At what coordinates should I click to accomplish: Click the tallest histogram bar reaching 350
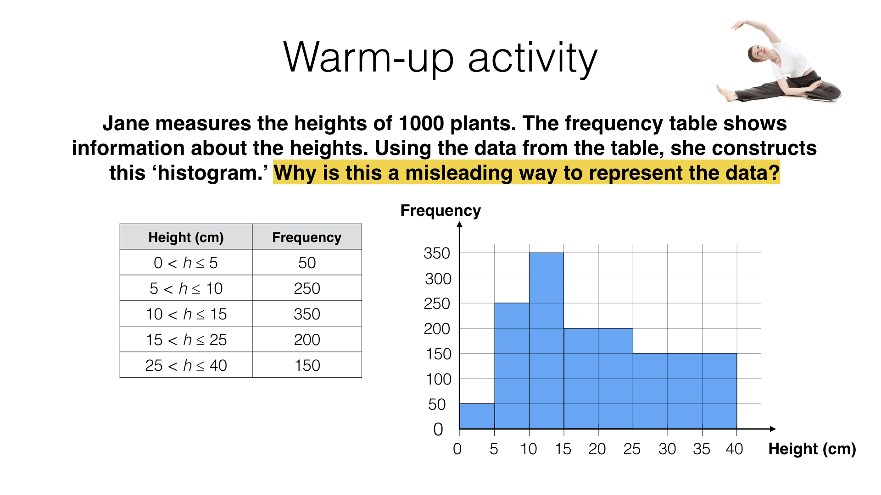tap(546, 341)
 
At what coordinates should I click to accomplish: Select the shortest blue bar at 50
tap(477, 416)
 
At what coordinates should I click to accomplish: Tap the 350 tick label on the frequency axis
tap(437, 253)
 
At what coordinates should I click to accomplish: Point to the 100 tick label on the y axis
tap(439, 379)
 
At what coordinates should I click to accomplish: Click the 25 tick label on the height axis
tap(632, 449)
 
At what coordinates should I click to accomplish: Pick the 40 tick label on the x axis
tap(734, 449)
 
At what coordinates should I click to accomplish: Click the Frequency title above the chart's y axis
tap(440, 210)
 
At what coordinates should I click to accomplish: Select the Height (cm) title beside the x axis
tap(812, 449)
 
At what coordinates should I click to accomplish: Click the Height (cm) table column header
tap(186, 237)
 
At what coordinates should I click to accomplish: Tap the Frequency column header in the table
tap(307, 237)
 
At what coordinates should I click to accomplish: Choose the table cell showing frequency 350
tap(307, 314)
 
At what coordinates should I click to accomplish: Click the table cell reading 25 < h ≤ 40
tap(186, 365)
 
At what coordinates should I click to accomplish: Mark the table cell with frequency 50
tap(307, 263)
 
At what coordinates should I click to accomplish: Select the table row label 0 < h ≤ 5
tap(186, 263)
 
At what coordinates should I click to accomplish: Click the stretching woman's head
tap(758, 53)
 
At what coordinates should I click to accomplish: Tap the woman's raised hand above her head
tap(737, 25)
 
